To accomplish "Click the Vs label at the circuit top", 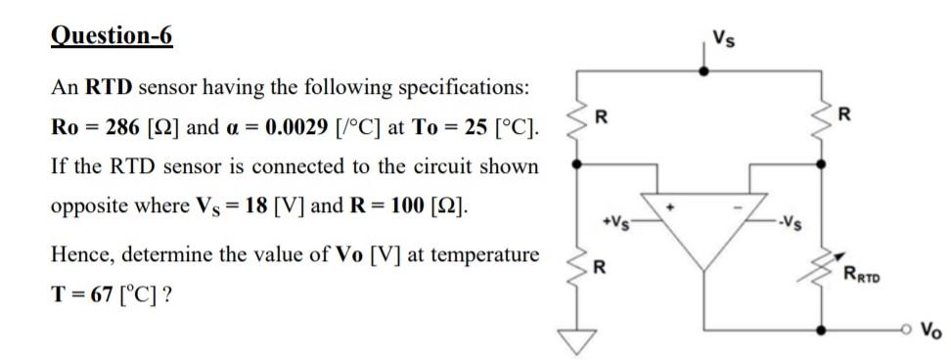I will (721, 40).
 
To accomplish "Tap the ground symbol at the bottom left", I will (579, 338).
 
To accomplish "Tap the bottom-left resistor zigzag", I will (579, 266).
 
